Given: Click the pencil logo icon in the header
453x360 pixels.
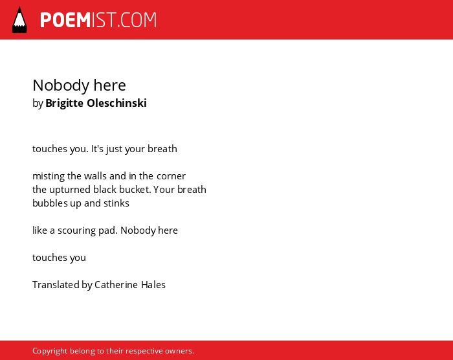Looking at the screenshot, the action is coord(19,20).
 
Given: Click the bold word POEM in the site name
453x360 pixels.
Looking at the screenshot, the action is coord(65,20).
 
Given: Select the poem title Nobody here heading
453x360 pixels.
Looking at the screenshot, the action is coord(79,85).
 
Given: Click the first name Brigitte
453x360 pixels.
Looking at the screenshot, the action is coord(64,103).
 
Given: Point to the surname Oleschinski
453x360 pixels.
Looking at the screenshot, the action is coord(116,103).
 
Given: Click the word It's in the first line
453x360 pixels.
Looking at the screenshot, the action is coord(97,149).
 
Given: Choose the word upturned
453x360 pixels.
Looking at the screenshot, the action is coord(70,190).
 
